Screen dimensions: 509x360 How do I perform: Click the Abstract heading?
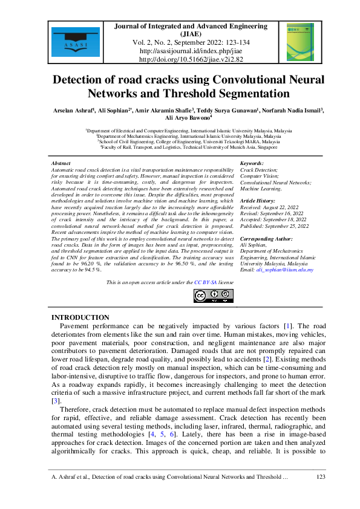(61, 164)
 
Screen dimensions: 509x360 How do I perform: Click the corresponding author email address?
(284, 270)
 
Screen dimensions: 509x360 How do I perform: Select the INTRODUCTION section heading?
(80, 318)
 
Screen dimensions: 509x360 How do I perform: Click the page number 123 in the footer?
(321, 478)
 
